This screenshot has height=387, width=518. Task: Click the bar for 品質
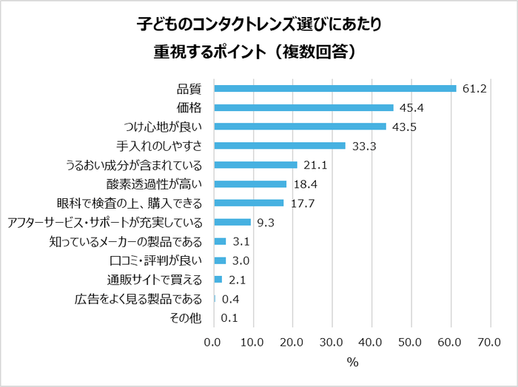[x=334, y=88]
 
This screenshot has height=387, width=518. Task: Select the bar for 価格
[x=303, y=107]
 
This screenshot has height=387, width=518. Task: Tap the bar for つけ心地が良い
[x=300, y=127]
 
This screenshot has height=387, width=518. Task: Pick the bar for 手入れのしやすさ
[x=280, y=146]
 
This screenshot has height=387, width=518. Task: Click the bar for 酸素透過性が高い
[x=250, y=184]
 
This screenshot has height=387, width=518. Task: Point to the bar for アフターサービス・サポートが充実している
[x=232, y=222]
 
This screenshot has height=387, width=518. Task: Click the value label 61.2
[x=474, y=89]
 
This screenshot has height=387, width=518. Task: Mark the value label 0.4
[x=230, y=299]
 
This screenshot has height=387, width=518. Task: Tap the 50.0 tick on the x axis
[x=411, y=342]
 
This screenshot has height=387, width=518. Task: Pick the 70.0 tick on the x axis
[x=490, y=342]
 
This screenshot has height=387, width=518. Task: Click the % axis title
[x=352, y=363]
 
